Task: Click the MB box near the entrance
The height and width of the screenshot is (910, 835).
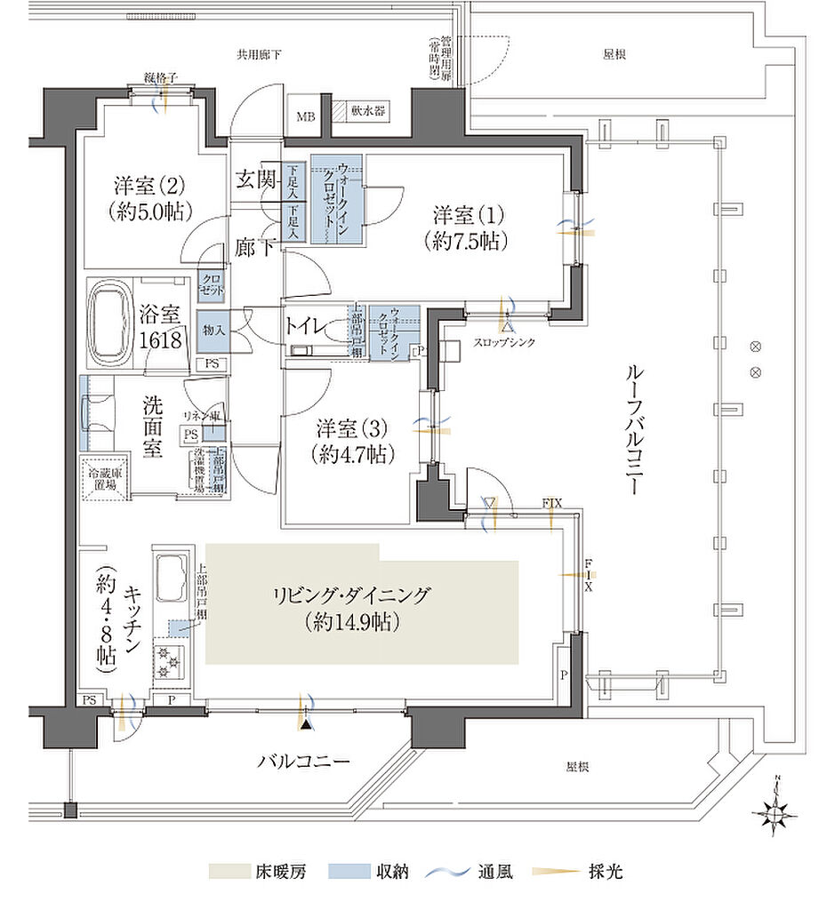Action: pyautogui.click(x=305, y=116)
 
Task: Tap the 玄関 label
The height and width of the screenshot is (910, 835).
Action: pyautogui.click(x=253, y=177)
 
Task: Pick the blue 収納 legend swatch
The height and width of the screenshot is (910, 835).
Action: pyautogui.click(x=349, y=871)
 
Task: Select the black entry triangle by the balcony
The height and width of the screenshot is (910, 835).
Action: pyautogui.click(x=307, y=725)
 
